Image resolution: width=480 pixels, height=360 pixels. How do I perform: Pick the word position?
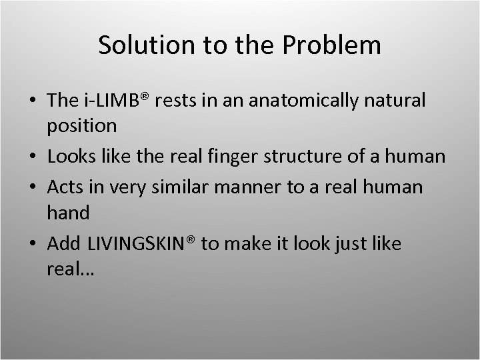pos(82,125)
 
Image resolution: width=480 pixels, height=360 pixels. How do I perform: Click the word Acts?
pos(65,187)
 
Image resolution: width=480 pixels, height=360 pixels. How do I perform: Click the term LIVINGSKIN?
pos(136,244)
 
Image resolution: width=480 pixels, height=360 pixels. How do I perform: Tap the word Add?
pos(63,244)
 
